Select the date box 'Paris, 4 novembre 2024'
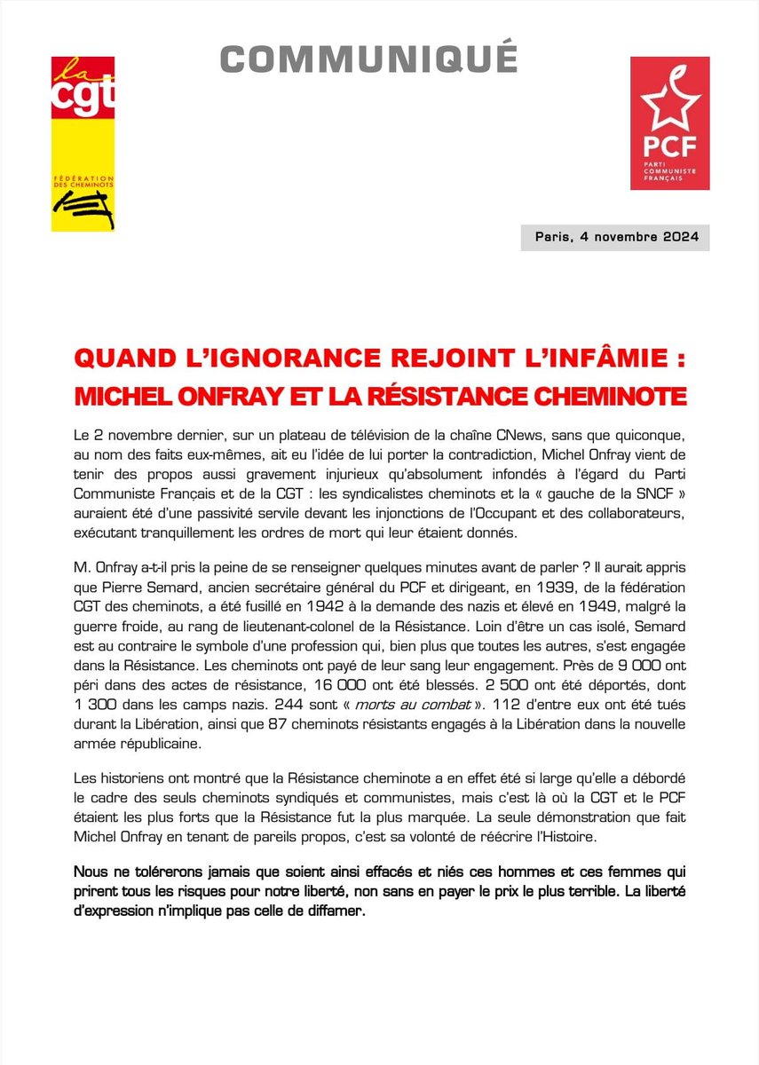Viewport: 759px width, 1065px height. pos(616,237)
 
